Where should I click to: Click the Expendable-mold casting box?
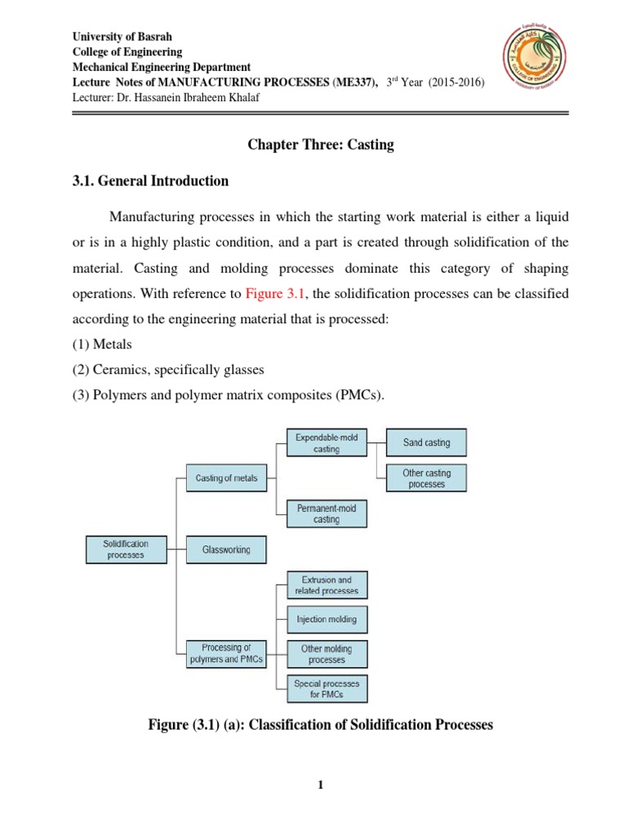pos(327,443)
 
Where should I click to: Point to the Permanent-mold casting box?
pos(327,514)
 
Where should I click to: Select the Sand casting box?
pos(426,443)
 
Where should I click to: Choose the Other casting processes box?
pos(426,478)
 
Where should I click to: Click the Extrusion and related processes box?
pos(327,585)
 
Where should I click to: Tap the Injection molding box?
pos(327,620)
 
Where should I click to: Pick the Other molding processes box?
pos(327,654)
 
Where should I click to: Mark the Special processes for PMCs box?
pos(327,688)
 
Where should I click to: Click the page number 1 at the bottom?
pos(321,785)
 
